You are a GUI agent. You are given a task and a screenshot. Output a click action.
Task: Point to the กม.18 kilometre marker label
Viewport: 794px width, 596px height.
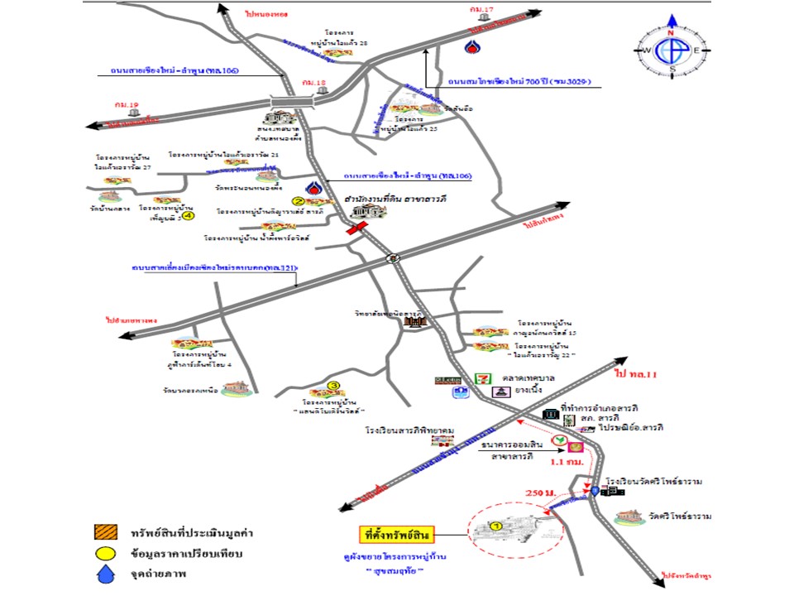point(314,83)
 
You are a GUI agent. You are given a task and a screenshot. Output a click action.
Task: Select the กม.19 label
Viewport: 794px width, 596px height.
point(132,104)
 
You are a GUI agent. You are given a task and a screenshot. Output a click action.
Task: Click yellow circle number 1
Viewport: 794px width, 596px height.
point(496,526)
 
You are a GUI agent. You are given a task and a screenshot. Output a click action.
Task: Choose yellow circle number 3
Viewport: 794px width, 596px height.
point(332,386)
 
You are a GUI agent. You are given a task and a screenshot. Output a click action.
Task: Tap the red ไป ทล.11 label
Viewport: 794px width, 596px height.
point(635,375)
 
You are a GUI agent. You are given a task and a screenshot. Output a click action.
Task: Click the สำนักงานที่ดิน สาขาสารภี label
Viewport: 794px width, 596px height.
point(390,199)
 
